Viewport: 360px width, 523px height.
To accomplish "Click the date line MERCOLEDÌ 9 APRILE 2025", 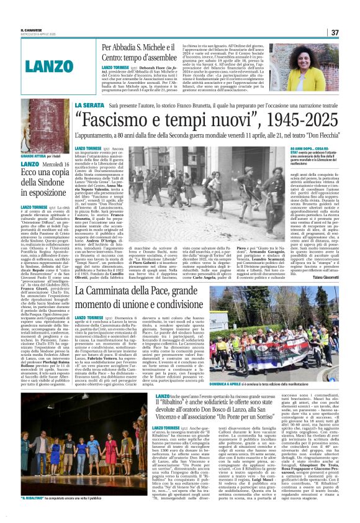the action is (x=38, y=34).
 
